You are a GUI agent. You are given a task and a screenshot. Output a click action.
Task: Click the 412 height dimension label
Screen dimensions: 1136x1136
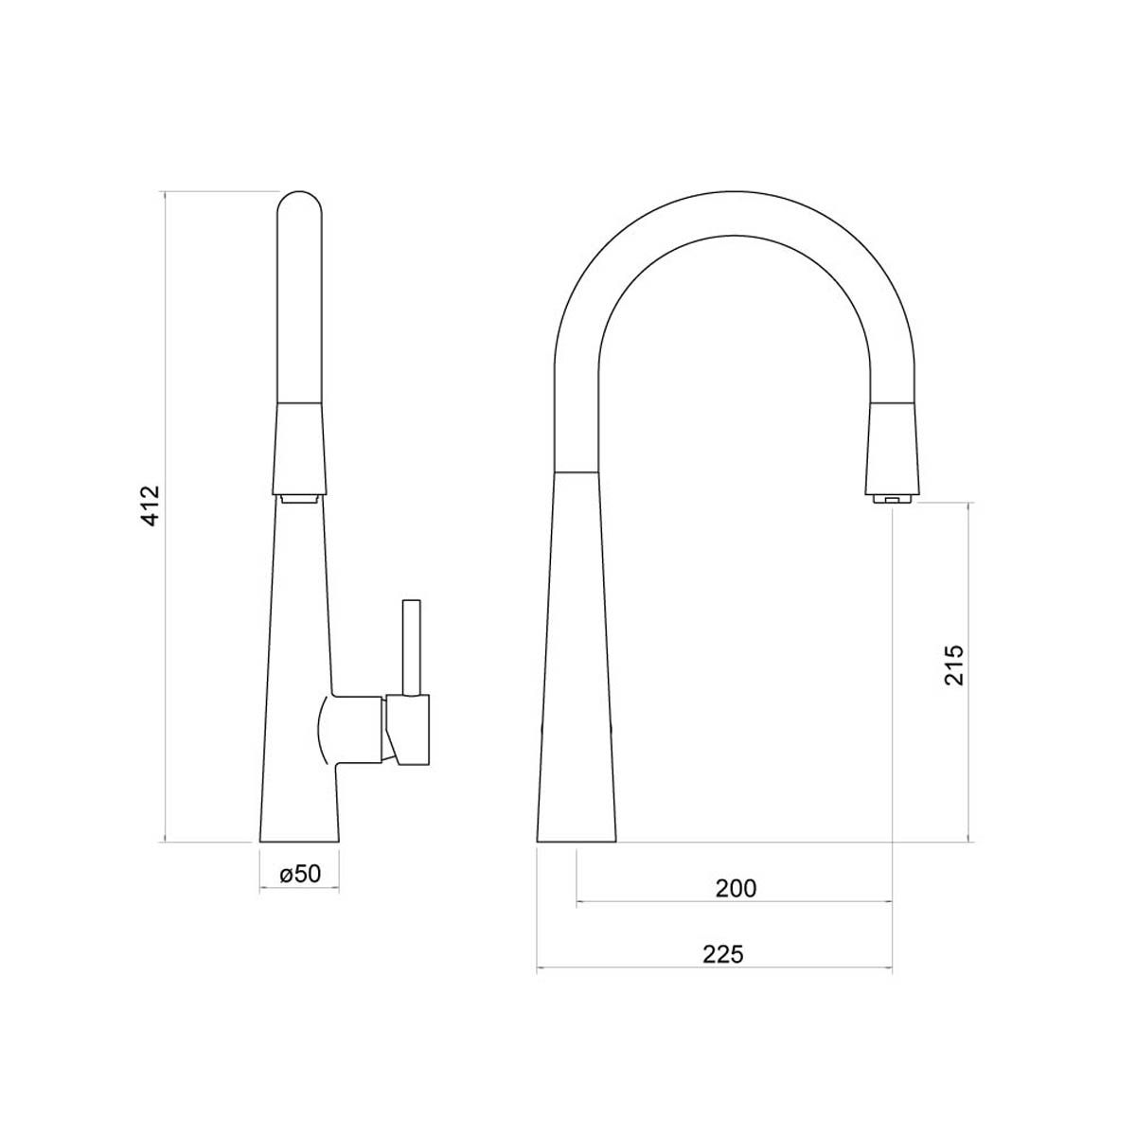click(x=151, y=505)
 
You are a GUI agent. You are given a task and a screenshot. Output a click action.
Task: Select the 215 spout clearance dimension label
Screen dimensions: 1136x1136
click(x=953, y=665)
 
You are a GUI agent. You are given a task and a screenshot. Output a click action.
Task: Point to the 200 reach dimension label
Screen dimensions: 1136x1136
click(x=736, y=888)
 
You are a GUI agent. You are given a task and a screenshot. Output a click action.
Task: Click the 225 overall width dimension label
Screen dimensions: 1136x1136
click(x=723, y=954)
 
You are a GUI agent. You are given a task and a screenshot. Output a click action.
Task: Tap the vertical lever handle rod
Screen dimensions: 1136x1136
click(x=411, y=648)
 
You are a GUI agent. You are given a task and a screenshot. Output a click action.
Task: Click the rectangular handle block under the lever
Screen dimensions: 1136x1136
click(x=408, y=730)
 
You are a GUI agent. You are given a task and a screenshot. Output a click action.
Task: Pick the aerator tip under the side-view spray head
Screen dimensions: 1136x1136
click(x=300, y=498)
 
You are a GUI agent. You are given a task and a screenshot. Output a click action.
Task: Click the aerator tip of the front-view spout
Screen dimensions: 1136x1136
click(x=892, y=499)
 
